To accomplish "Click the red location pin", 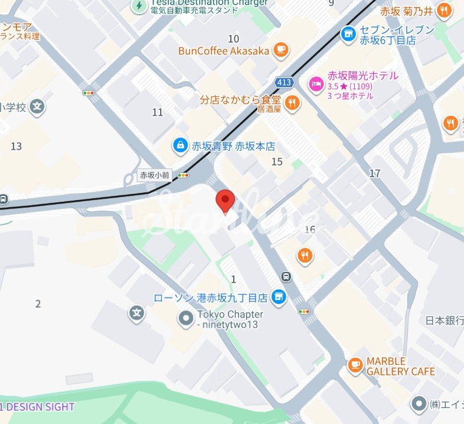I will (x=225, y=200).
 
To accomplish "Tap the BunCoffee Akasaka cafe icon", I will (x=281, y=50).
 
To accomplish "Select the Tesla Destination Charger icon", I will (x=139, y=6).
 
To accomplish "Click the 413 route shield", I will (x=285, y=82).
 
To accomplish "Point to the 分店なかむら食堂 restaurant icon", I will (x=293, y=103).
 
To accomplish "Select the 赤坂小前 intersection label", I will (x=154, y=175).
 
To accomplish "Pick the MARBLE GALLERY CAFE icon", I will (x=355, y=365).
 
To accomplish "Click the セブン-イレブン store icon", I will (x=349, y=35).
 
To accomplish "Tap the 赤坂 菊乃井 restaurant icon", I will (x=445, y=11).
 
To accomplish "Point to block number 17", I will (x=375, y=173).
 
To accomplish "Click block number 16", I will (x=310, y=229).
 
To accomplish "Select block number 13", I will (x=16, y=146).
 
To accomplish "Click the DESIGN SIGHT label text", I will (x=41, y=406).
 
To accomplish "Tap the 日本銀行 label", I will (x=444, y=320).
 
